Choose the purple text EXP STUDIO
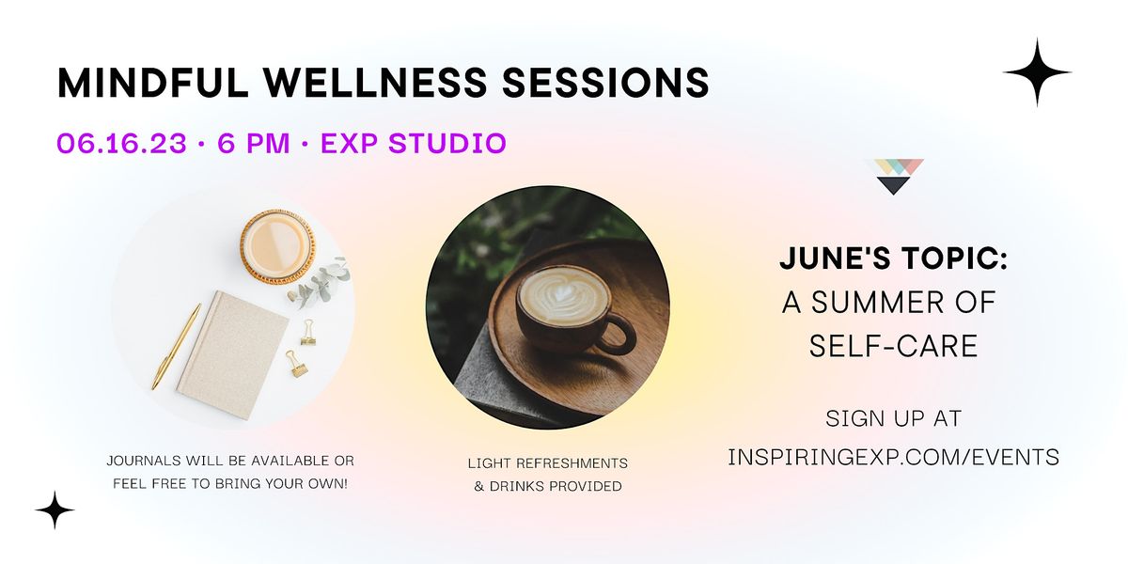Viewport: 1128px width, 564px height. coord(414,143)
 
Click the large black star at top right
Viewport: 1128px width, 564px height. coord(1037,72)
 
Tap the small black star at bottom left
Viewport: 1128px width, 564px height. coord(55,509)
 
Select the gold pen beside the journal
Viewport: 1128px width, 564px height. coord(176,345)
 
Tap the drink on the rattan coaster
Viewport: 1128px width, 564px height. coord(277,244)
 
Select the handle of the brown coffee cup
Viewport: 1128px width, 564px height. coord(619,334)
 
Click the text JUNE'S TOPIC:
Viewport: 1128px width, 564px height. coord(893,260)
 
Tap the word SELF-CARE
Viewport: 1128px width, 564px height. coord(893,346)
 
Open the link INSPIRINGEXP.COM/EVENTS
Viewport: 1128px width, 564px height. coord(893,457)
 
